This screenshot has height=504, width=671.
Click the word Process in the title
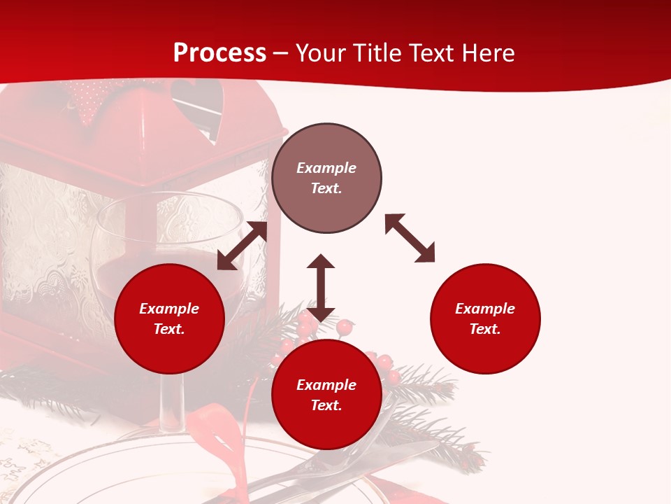(219, 52)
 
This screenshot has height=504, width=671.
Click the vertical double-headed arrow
(321, 288)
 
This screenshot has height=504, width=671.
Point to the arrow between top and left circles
(242, 246)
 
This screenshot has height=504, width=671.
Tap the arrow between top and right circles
(410, 238)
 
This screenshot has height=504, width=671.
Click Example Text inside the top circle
(326, 178)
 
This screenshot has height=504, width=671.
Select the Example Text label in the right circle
(485, 318)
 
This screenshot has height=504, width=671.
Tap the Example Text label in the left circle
(169, 318)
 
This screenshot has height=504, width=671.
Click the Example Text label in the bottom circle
(326, 395)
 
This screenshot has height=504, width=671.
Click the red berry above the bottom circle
(345, 326)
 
